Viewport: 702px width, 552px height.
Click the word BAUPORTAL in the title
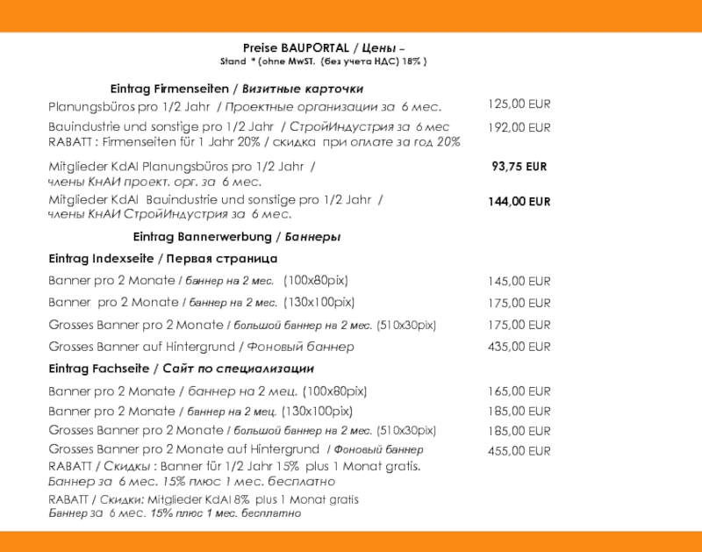(318, 47)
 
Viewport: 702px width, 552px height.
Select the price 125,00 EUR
(519, 104)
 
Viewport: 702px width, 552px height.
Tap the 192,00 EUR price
(519, 127)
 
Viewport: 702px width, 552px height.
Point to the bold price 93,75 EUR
(519, 166)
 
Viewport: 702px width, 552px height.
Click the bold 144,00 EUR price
(519, 202)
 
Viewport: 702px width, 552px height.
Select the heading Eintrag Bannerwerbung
(203, 237)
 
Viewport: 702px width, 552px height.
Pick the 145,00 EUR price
(519, 282)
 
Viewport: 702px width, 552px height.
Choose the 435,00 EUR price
(519, 347)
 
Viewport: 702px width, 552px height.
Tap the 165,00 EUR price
(519, 391)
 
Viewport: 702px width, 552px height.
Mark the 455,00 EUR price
(519, 451)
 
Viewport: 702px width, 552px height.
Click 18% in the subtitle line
(412, 62)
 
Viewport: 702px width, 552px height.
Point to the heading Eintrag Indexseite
(101, 259)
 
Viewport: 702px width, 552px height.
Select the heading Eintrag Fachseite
(98, 369)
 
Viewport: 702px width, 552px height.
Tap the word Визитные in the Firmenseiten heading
(268, 89)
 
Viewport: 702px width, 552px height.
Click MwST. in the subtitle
(300, 62)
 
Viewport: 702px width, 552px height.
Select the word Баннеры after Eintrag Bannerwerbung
(313, 237)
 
